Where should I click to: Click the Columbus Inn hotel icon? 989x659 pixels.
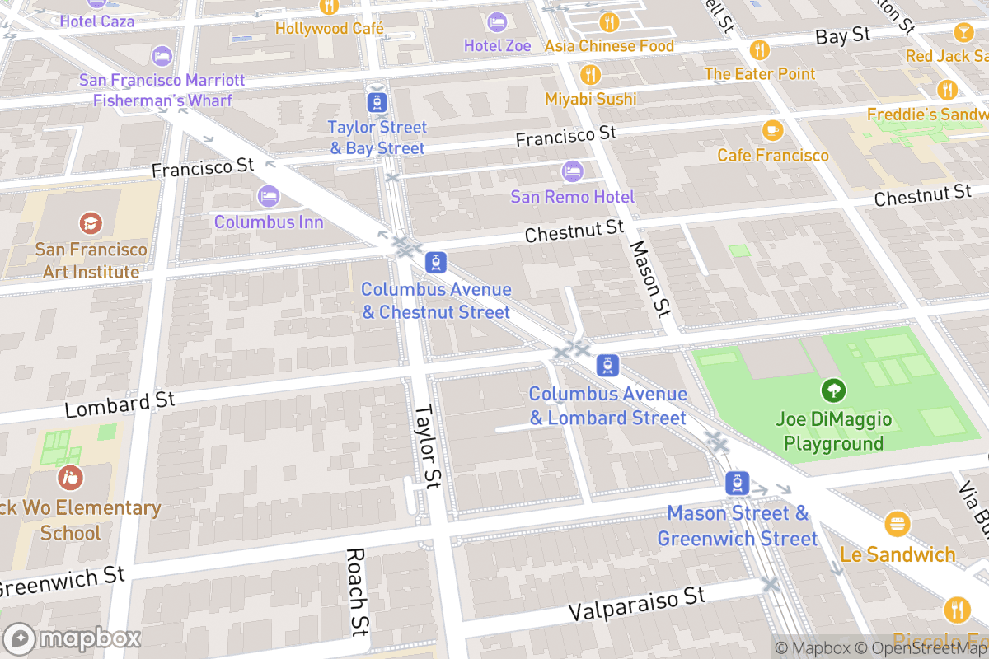(268, 197)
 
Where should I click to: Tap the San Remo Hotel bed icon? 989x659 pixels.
(572, 171)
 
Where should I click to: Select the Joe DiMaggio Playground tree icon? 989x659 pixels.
(833, 390)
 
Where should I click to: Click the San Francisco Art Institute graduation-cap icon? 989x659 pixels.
(91, 222)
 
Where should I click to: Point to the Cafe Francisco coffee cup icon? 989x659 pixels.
(772, 130)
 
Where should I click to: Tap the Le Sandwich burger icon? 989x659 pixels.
(897, 524)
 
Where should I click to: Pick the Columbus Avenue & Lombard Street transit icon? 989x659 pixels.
(607, 365)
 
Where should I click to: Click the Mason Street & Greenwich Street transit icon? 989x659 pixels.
(737, 484)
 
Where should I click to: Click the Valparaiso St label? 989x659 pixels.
(637, 605)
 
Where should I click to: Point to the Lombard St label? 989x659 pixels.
(120, 404)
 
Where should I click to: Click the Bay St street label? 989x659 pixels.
(843, 35)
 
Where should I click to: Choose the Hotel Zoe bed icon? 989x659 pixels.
(497, 21)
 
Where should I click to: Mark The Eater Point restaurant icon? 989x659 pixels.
(759, 50)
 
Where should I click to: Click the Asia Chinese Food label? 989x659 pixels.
(609, 46)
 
